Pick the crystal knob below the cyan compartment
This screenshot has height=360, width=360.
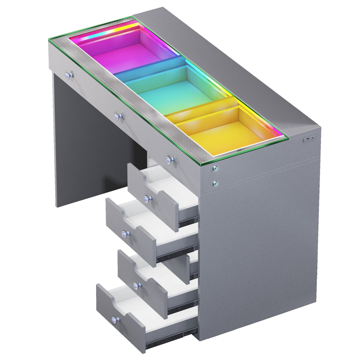pyautogui.click(x=119, y=116)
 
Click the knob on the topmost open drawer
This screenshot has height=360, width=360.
pyautogui.click(x=146, y=198)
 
